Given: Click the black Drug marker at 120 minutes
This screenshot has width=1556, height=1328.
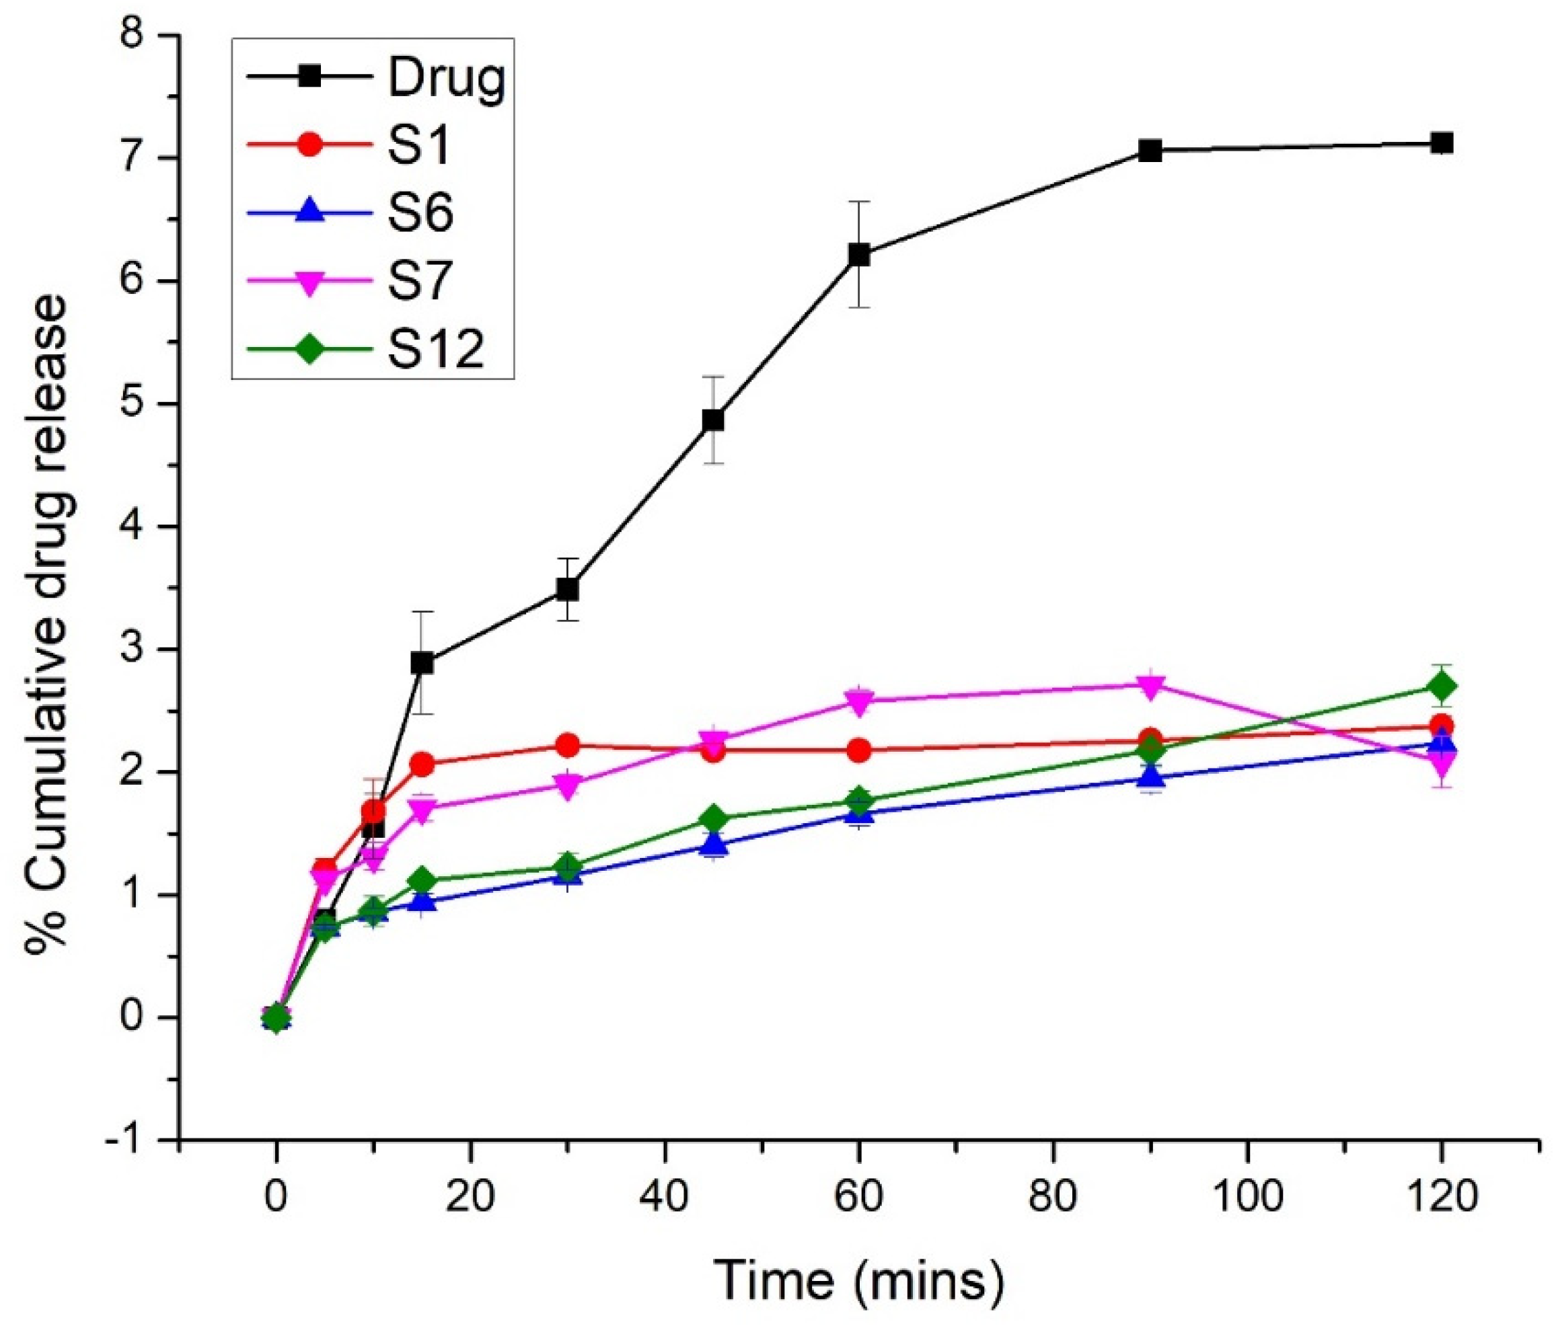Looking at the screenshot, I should coord(1441,143).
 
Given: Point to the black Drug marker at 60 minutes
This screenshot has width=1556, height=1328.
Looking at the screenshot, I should coord(859,256).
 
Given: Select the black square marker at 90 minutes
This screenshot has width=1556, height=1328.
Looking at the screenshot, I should coord(1150,151).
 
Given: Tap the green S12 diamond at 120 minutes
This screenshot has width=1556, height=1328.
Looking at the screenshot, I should coord(1441,686).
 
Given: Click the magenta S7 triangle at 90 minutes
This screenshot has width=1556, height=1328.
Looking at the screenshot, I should coord(1150,685).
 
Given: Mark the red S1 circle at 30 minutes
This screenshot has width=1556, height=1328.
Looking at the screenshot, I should coord(568,746).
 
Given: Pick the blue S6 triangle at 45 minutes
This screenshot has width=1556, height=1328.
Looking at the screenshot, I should coord(714,845).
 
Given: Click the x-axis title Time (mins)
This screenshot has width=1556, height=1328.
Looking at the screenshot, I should coord(858,1281).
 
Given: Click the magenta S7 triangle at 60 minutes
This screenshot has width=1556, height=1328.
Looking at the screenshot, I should coord(859,701).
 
